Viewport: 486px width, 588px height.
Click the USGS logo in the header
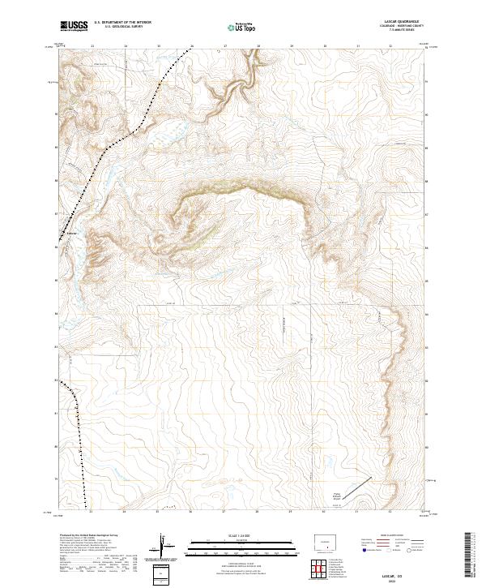pyautogui.click(x=74, y=26)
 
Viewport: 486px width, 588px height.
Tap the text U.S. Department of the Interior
pyautogui.click(x=122, y=23)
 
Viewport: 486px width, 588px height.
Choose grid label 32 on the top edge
pyautogui.click(x=390, y=46)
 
